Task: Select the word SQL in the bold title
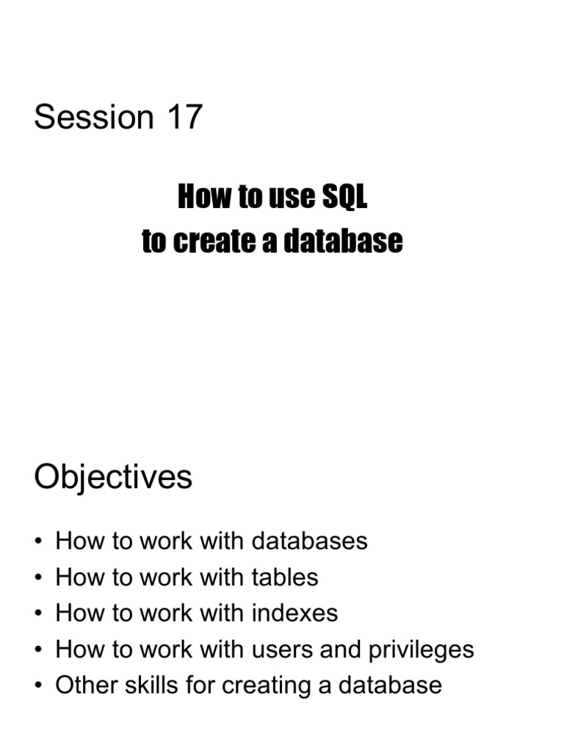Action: [344, 198]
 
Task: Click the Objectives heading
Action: [113, 477]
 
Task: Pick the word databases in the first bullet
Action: [309, 541]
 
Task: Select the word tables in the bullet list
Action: [285, 577]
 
